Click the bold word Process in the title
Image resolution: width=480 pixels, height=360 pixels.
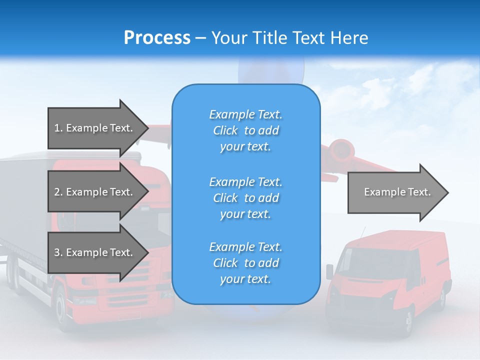157,38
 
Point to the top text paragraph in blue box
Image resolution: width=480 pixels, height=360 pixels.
245,130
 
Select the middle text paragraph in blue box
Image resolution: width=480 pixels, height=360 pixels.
245,198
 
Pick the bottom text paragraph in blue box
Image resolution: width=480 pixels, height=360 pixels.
245,263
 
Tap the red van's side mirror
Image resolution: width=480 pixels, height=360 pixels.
329,271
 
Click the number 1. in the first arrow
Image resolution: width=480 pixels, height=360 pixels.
58,128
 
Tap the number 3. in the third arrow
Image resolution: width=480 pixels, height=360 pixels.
58,252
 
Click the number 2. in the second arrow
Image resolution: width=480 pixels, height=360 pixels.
58,192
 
